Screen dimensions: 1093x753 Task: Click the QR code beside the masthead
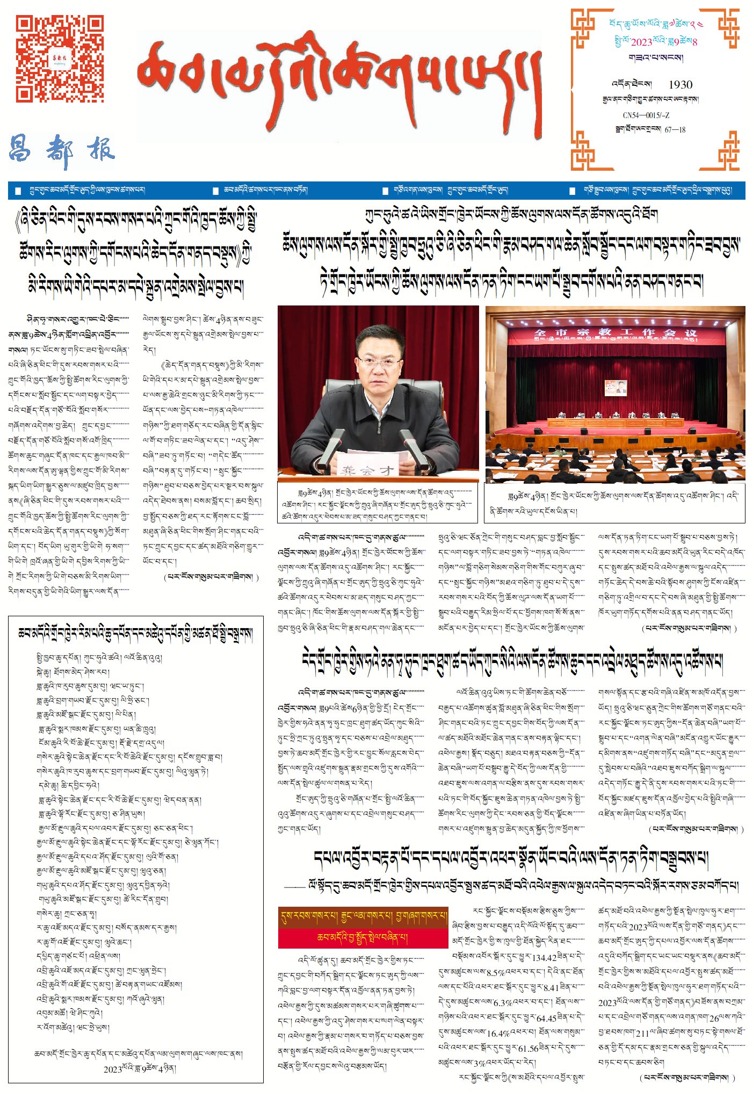pyautogui.click(x=59, y=58)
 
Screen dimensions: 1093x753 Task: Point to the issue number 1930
pyautogui.click(x=680, y=85)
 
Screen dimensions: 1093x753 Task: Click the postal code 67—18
pyautogui.click(x=675, y=129)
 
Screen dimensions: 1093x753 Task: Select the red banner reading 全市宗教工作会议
pyautogui.click(x=615, y=333)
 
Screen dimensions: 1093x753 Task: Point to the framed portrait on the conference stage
pyautogui.click(x=616, y=388)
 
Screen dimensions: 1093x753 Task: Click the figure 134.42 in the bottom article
pyautogui.click(x=544, y=958)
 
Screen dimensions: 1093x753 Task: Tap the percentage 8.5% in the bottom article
pyautogui.click(x=496, y=972)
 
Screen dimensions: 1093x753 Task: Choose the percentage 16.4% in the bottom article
pyautogui.click(x=498, y=1033)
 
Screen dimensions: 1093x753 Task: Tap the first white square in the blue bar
pyautogui.click(x=19, y=191)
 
